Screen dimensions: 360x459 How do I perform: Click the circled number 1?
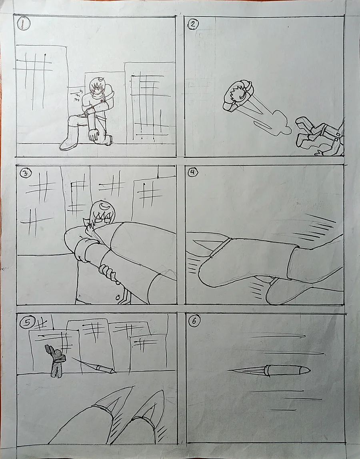(x=24, y=24)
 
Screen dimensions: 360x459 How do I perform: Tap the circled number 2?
(x=192, y=24)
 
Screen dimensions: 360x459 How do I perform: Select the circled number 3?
(x=26, y=173)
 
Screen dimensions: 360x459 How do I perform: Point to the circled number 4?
(x=192, y=172)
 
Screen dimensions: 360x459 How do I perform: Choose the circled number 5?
(x=27, y=323)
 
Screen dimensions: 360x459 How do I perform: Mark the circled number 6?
(x=194, y=321)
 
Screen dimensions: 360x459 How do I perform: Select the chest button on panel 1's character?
(x=102, y=101)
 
